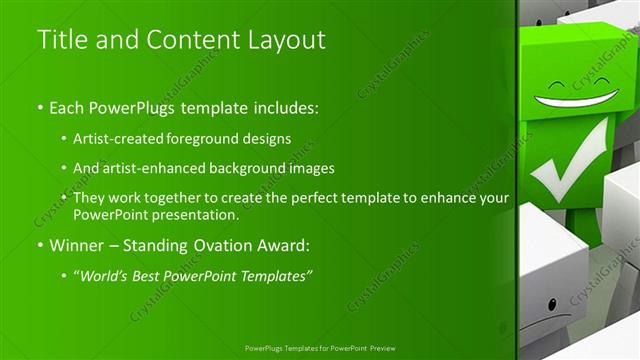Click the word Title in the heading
(x=59, y=40)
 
